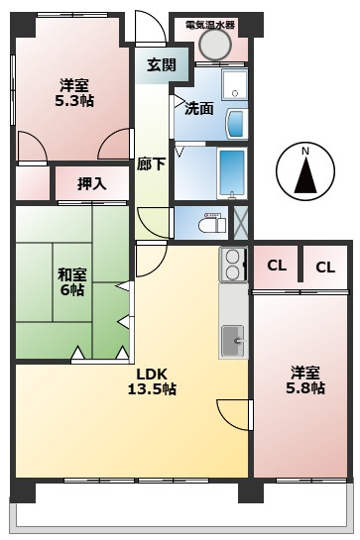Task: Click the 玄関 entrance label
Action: tap(161, 65)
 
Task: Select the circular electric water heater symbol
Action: tap(215, 44)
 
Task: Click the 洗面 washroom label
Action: tap(199, 108)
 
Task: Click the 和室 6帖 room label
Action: tap(70, 280)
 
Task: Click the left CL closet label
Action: tap(277, 265)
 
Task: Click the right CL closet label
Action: tap(325, 266)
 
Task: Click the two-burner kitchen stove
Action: tap(234, 263)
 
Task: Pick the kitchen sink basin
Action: tap(234, 340)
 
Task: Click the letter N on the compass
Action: tap(304, 151)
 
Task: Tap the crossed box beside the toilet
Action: tap(239, 221)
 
